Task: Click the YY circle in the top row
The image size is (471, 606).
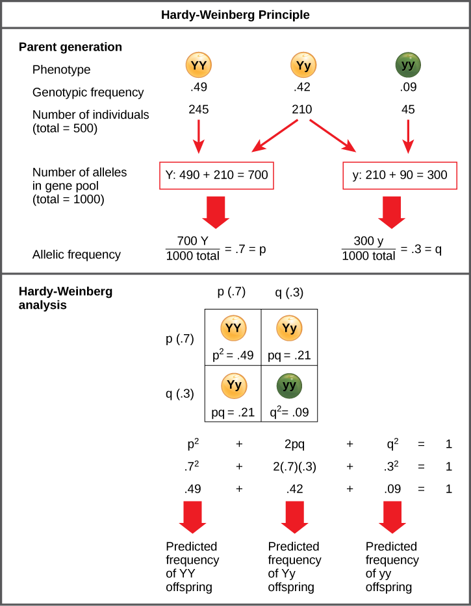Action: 199,65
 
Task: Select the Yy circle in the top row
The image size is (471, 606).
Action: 303,65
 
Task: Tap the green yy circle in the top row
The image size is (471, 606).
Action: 408,65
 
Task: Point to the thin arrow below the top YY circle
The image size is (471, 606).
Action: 199,136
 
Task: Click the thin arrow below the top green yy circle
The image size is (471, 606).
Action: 408,136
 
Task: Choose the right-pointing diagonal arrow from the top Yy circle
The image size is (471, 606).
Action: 333,136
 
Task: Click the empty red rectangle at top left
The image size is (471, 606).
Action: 216,176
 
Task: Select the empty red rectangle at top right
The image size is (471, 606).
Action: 400,176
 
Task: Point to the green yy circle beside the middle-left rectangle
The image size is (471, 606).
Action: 289,386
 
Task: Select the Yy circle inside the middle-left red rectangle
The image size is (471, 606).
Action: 234,386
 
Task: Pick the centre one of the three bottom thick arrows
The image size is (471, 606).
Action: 294,516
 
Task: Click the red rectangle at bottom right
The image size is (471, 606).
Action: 400,586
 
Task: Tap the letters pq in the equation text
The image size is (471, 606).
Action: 218,412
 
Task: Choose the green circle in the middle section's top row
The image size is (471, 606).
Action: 408,270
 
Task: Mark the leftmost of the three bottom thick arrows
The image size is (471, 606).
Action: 192,516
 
